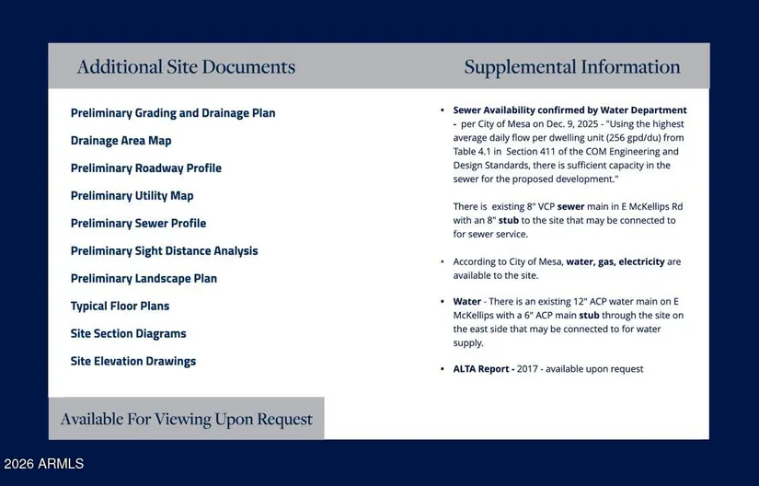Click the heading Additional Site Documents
pyautogui.click(x=186, y=67)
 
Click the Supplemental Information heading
pyautogui.click(x=571, y=67)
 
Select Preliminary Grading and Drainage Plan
pyautogui.click(x=173, y=113)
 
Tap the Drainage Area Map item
pyautogui.click(x=121, y=141)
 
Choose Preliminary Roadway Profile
pyautogui.click(x=146, y=168)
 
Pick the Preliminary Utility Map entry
pyautogui.click(x=132, y=196)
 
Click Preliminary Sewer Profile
pyautogui.click(x=138, y=224)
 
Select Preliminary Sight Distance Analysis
pyautogui.click(x=164, y=251)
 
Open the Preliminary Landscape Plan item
pyautogui.click(x=144, y=279)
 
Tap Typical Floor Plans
pyautogui.click(x=120, y=307)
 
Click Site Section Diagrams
pyautogui.click(x=128, y=334)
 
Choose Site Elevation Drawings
pyautogui.click(x=133, y=362)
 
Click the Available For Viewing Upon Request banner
pyautogui.click(x=186, y=420)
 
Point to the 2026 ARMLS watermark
pyautogui.click(x=43, y=464)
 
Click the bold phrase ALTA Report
pyautogui.click(x=483, y=369)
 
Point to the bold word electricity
pyautogui.click(x=641, y=262)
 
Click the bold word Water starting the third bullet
pyautogui.click(x=466, y=302)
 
